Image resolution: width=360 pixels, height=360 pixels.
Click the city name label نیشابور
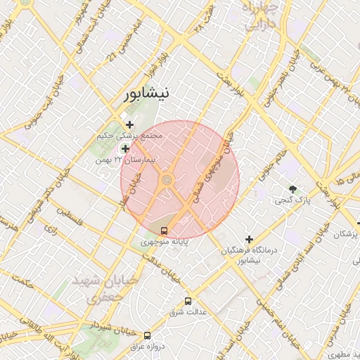pyautogui.click(x=146, y=95)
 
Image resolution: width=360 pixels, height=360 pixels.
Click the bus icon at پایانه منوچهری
pyautogui.click(x=165, y=230)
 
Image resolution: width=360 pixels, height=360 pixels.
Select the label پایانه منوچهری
pyautogui.click(x=164, y=241)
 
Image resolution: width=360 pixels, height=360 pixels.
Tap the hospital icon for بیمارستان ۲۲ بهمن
pyautogui.click(x=126, y=148)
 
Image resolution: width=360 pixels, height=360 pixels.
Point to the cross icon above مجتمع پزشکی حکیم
pyautogui.click(x=129, y=124)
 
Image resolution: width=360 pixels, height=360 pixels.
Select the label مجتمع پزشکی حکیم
pyautogui.click(x=130, y=135)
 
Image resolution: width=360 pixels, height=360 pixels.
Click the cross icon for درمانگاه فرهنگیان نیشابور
pyautogui.click(x=249, y=239)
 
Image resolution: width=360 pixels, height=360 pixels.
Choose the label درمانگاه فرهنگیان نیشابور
pyautogui.click(x=249, y=255)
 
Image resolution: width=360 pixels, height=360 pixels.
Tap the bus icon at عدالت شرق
pyautogui.click(x=188, y=301)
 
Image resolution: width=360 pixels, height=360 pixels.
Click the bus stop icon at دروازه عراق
pyautogui.click(x=147, y=335)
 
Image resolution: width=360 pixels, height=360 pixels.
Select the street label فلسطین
pyautogui.click(x=70, y=219)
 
